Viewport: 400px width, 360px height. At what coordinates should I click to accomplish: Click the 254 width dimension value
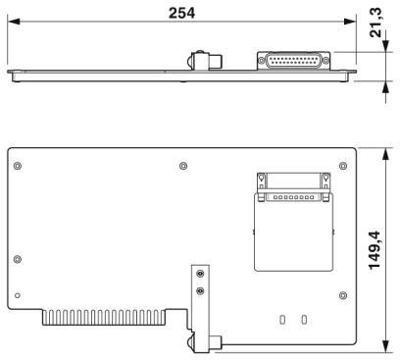[x=181, y=13]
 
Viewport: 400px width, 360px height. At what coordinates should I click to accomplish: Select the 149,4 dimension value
[x=375, y=250]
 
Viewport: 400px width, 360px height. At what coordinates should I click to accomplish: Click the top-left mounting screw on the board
[x=18, y=166]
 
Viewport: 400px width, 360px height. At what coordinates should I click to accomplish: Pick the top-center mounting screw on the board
[x=183, y=166]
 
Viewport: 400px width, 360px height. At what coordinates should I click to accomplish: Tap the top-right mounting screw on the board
[x=343, y=166]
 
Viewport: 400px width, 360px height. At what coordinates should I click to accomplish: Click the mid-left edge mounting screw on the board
[x=18, y=259]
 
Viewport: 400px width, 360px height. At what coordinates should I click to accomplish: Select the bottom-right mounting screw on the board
[x=343, y=295]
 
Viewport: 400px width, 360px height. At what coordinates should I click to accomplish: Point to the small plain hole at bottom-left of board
[x=18, y=295]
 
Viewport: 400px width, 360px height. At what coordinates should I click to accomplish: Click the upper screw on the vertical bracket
[x=200, y=274]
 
